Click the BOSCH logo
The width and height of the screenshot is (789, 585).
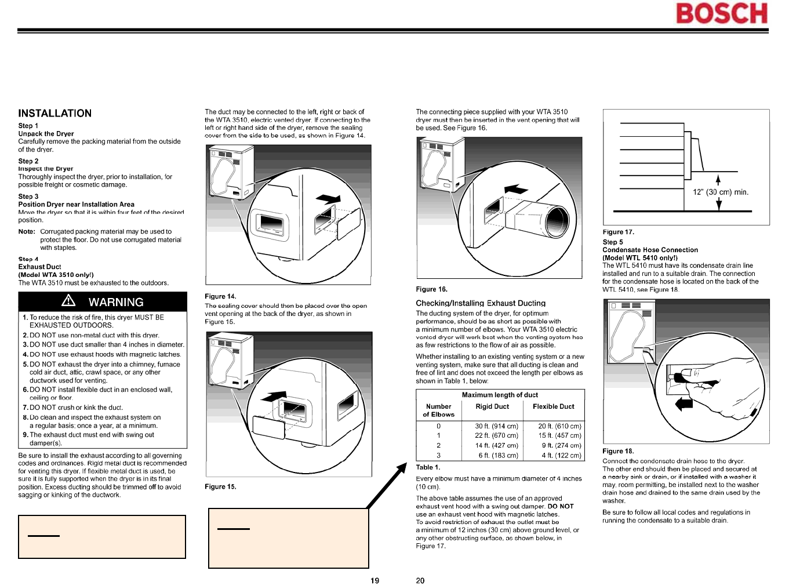coord(721,14)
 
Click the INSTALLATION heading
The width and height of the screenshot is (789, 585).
coord(55,114)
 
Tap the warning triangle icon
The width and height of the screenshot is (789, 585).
coord(68,300)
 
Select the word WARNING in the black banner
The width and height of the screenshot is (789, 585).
coord(116,302)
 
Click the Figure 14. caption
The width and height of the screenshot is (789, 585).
coord(220,296)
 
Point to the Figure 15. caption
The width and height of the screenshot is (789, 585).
coord(220,487)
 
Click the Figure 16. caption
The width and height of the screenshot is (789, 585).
coord(431,289)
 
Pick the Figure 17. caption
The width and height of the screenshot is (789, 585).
coord(618,232)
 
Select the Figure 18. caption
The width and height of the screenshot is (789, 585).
coord(618,451)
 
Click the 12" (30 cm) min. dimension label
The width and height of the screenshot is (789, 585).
coord(721,192)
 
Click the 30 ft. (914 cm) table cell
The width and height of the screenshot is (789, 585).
coord(496,426)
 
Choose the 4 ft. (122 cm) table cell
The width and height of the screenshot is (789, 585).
coord(561,456)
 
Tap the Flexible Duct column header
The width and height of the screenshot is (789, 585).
coord(553,406)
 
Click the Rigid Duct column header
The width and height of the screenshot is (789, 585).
coord(492,406)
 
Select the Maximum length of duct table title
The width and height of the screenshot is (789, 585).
coord(500,395)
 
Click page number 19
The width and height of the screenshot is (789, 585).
coord(375,580)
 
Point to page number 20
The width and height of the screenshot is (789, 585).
coord(420,580)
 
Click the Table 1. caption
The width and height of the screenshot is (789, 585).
coord(428,467)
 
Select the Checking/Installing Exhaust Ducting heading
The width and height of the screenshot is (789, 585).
coord(481,303)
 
